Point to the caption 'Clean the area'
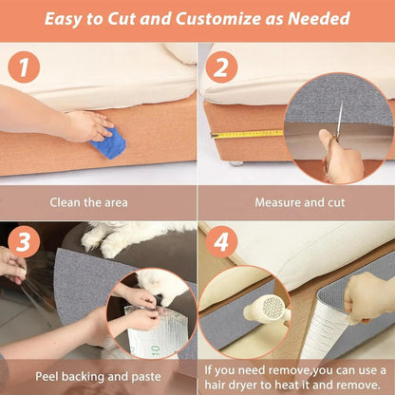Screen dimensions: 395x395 point(99,202)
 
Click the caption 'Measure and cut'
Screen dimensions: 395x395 point(296,202)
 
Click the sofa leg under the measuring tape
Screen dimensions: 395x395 point(235,162)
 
